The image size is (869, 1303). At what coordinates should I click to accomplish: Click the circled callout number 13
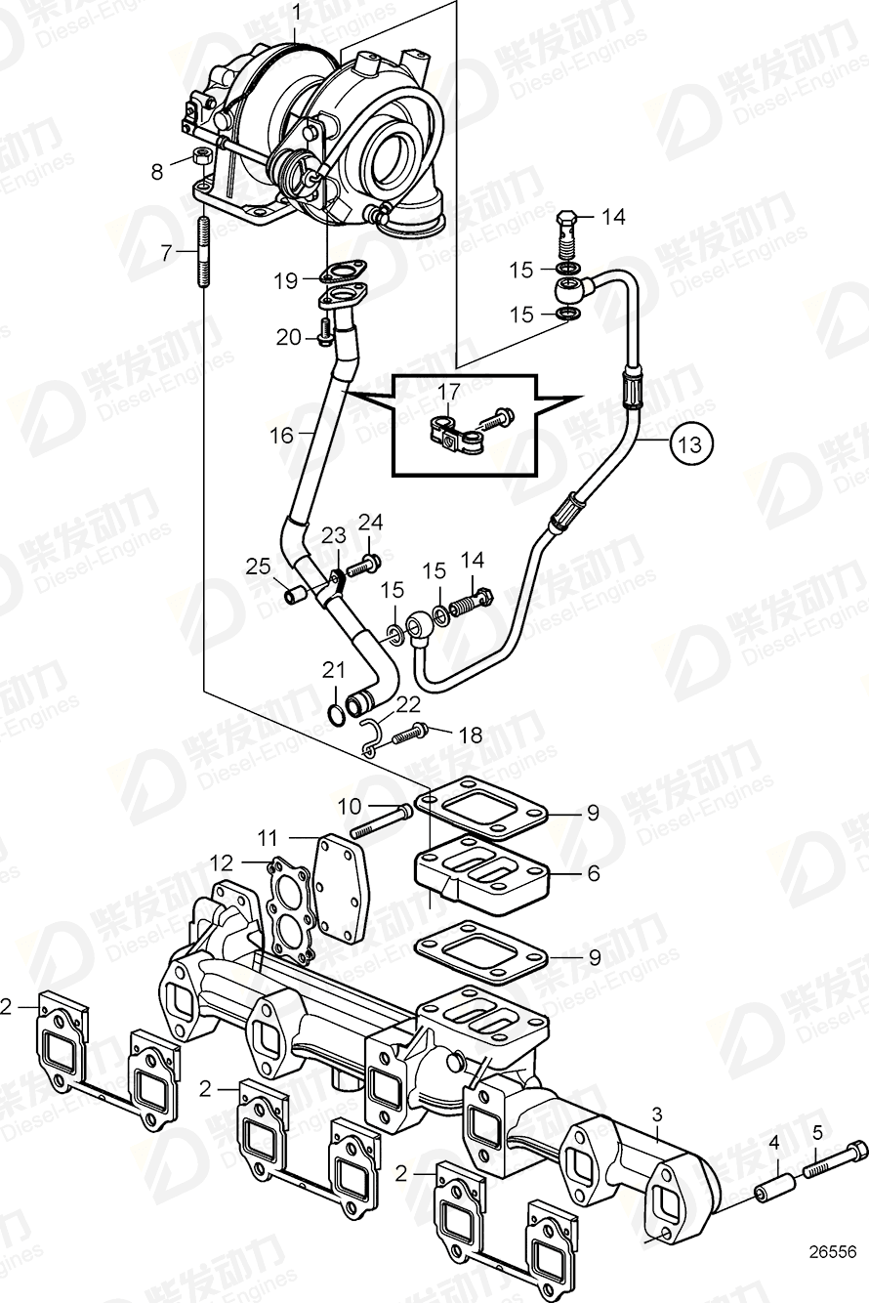690,444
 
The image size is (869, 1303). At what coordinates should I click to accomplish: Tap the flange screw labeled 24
369,563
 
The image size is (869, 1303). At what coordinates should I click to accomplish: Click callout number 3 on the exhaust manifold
657,1114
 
